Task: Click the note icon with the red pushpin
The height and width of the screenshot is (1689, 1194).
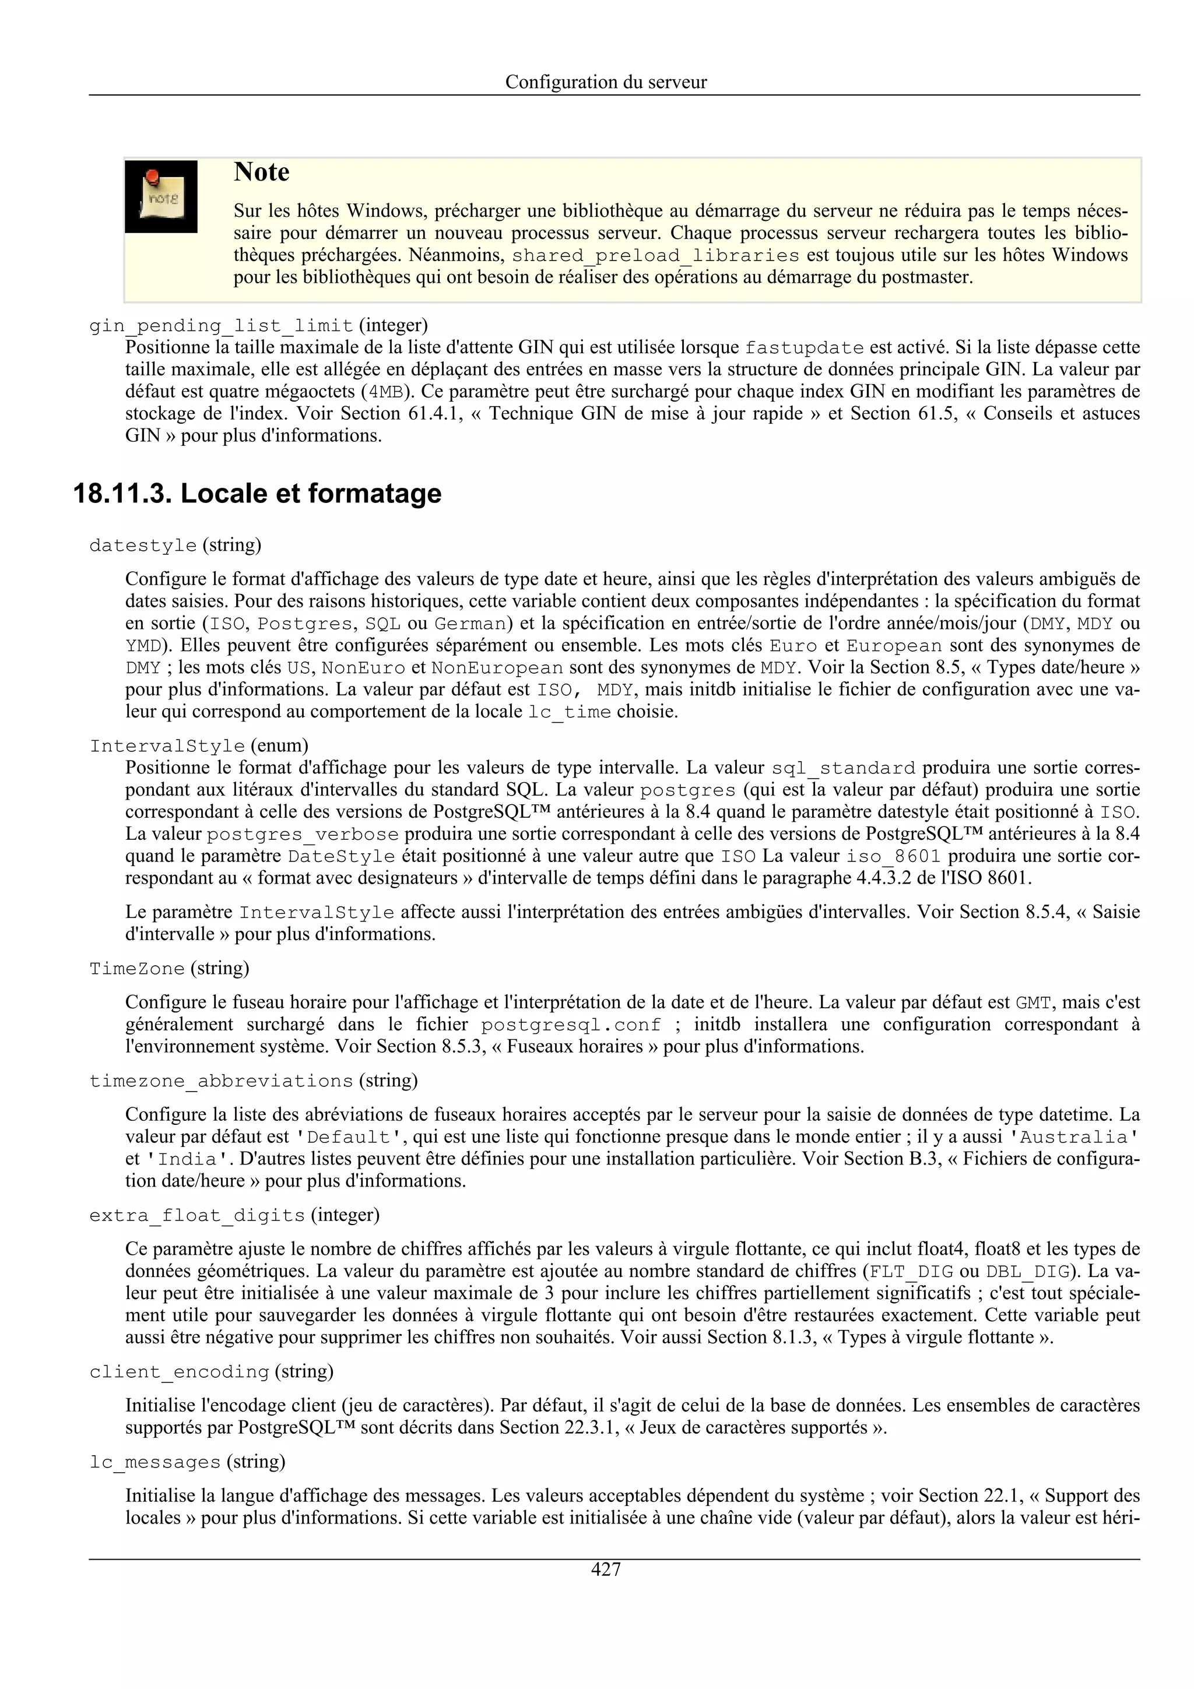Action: (161, 196)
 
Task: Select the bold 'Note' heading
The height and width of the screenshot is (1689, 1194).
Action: (261, 172)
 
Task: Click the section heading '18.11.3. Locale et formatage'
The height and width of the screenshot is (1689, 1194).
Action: (258, 494)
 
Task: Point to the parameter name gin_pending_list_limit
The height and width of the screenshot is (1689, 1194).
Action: (221, 326)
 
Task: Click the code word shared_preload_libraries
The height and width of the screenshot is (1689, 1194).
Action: (655, 256)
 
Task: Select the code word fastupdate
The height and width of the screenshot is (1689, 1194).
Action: (804, 348)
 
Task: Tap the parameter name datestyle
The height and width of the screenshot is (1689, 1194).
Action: (143, 546)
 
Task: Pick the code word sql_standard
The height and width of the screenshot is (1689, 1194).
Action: (843, 769)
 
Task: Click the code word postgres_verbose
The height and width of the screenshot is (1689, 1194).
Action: (303, 835)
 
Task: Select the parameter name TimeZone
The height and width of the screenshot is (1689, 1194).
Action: (137, 969)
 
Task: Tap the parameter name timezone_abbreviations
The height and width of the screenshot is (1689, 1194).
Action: (221, 1081)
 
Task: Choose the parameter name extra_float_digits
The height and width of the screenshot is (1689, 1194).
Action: (196, 1216)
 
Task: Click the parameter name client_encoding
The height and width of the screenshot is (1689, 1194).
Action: (179, 1372)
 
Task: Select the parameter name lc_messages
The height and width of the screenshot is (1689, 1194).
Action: (154, 1462)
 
